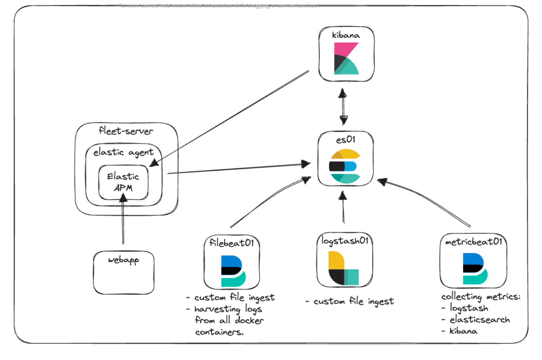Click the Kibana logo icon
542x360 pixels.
click(346, 58)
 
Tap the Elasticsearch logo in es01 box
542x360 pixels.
click(345, 166)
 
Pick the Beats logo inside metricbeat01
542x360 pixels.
click(475, 269)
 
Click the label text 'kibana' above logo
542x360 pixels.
click(346, 35)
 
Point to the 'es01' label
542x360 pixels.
click(346, 140)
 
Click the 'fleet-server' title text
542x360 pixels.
click(126, 131)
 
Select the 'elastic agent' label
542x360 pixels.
click(123, 152)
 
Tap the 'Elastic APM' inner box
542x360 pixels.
click(123, 182)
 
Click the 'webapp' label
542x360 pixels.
click(123, 260)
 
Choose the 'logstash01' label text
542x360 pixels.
click(345, 241)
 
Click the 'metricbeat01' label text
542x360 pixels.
click(473, 242)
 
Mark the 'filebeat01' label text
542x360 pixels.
click(231, 243)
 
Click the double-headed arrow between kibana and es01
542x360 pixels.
click(343, 107)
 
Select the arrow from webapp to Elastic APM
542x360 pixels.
click(123, 221)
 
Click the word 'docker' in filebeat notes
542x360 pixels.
click(249, 320)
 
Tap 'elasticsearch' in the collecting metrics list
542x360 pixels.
click(479, 320)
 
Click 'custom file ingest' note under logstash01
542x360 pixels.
click(353, 301)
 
